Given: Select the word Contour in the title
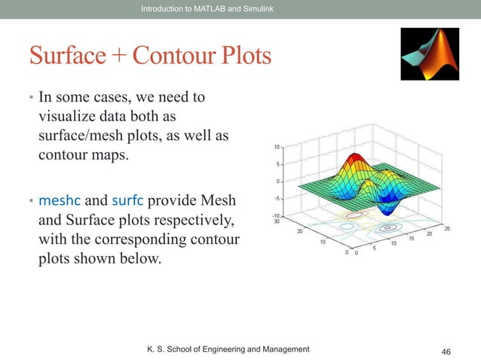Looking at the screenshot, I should [x=174, y=56].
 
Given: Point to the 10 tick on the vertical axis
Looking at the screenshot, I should [x=277, y=147].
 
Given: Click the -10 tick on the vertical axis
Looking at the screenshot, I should [x=277, y=215].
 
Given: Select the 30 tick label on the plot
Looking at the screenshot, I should [x=277, y=221].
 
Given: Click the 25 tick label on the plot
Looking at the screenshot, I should [x=447, y=228].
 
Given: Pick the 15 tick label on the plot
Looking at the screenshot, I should [x=412, y=239].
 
